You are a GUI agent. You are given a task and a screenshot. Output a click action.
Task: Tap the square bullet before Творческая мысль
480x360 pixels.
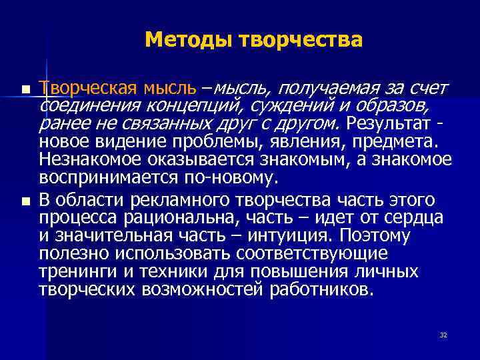[25, 89]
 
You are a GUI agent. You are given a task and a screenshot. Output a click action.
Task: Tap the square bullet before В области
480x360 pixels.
[25, 201]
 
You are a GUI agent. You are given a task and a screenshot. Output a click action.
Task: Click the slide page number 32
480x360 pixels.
[443, 335]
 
